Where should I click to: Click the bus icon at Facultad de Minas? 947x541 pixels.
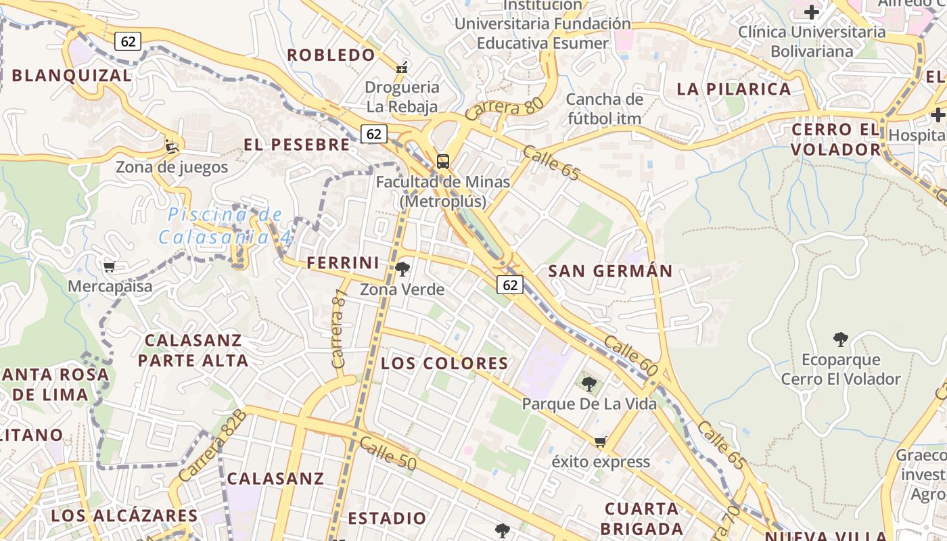pyautogui.click(x=443, y=162)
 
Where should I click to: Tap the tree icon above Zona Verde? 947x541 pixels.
pyautogui.click(x=402, y=269)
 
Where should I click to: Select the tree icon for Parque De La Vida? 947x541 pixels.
pyautogui.click(x=589, y=384)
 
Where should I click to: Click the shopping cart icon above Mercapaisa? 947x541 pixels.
pyautogui.click(x=110, y=266)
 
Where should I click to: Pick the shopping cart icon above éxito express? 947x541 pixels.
pyautogui.click(x=600, y=442)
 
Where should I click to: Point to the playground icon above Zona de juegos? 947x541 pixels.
pyautogui.click(x=172, y=145)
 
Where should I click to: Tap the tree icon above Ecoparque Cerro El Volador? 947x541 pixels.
pyautogui.click(x=841, y=339)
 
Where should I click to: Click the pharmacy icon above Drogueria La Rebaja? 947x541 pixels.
pyautogui.click(x=402, y=67)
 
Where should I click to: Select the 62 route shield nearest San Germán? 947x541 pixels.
pyautogui.click(x=510, y=285)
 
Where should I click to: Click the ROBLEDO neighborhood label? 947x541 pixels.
pyautogui.click(x=331, y=55)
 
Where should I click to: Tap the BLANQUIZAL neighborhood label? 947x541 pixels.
pyautogui.click(x=72, y=75)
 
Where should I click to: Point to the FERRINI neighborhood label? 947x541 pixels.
pyautogui.click(x=343, y=263)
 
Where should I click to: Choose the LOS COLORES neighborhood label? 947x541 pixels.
pyautogui.click(x=444, y=363)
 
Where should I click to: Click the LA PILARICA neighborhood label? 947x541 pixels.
pyautogui.click(x=734, y=89)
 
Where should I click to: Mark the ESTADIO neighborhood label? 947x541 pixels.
pyautogui.click(x=387, y=519)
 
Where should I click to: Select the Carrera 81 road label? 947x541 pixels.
pyautogui.click(x=339, y=329)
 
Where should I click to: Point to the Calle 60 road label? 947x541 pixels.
pyautogui.click(x=630, y=356)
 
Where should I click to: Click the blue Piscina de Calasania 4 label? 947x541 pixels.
pyautogui.click(x=225, y=226)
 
